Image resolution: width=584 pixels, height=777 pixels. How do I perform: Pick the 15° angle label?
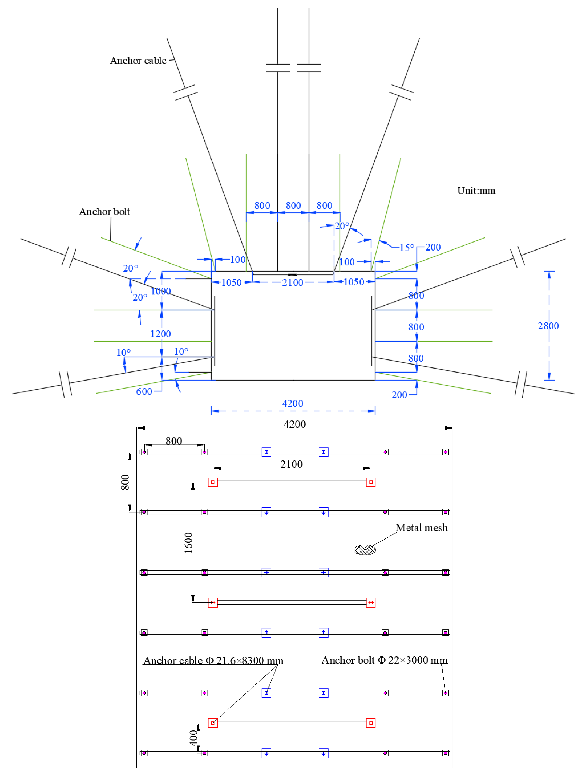pyautogui.click(x=407, y=248)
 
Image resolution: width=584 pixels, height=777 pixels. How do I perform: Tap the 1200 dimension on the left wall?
pyautogui.click(x=161, y=334)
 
